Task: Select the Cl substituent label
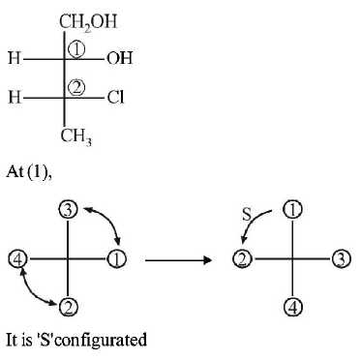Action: pyautogui.click(x=115, y=97)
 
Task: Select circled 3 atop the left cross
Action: pyautogui.click(x=67, y=210)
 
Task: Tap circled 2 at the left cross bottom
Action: pyautogui.click(x=67, y=309)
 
